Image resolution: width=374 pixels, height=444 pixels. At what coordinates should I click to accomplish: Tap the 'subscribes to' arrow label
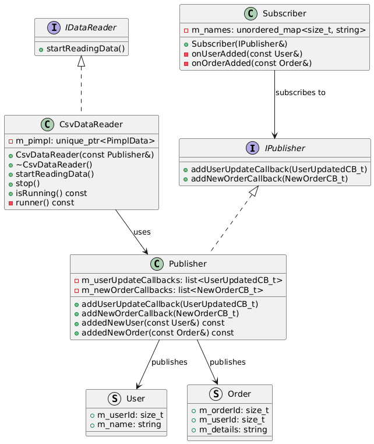tap(301, 93)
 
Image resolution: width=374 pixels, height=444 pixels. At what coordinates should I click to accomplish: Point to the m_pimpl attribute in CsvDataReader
tap(81, 141)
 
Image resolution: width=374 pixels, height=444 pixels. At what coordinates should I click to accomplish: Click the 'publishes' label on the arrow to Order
tap(227, 362)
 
